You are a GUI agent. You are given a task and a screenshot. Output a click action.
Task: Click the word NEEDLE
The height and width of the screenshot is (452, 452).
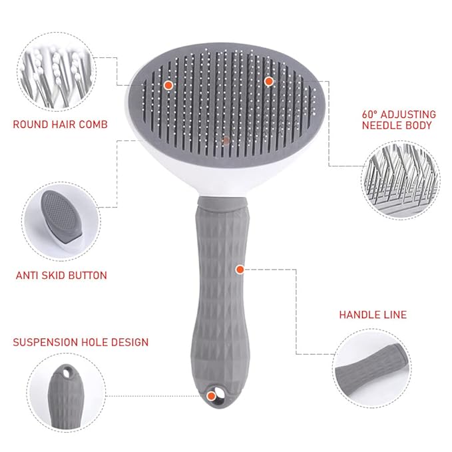click(x=382, y=125)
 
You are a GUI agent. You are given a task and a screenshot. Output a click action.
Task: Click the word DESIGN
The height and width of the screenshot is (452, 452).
click(x=132, y=343)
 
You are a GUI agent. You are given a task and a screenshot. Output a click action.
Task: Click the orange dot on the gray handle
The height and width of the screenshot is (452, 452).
click(x=239, y=269)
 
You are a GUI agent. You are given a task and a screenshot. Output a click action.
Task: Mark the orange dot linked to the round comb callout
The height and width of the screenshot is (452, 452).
click(x=168, y=85)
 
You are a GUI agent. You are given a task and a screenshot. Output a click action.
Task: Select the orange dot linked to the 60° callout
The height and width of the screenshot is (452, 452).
click(x=268, y=81)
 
